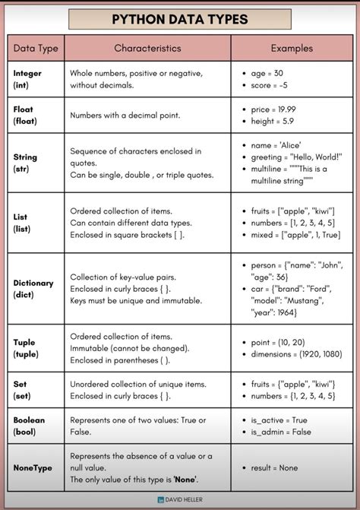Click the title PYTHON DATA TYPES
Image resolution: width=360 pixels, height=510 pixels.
pyautogui.click(x=180, y=19)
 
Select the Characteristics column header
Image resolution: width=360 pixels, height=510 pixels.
pyautogui.click(x=147, y=48)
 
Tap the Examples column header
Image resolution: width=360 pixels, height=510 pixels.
pyautogui.click(x=291, y=48)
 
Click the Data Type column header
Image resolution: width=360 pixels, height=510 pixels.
pyautogui.click(x=36, y=48)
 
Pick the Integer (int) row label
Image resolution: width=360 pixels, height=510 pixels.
pyautogui.click(x=27, y=79)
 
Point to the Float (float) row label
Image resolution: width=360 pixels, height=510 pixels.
pyautogui.click(x=24, y=115)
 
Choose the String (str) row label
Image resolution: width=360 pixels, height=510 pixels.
pyautogui.click(x=25, y=163)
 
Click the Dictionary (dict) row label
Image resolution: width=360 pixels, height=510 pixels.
pyautogui.click(x=33, y=289)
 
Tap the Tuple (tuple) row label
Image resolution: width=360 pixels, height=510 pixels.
pyautogui.click(x=25, y=348)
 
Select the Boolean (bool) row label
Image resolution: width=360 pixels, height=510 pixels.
pyautogui.click(x=29, y=425)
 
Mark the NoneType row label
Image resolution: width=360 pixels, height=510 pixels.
pyautogui.click(x=33, y=467)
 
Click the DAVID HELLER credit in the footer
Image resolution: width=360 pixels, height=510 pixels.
pyautogui.click(x=180, y=500)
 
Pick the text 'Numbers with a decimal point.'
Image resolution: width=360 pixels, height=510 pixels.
pyautogui.click(x=125, y=116)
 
